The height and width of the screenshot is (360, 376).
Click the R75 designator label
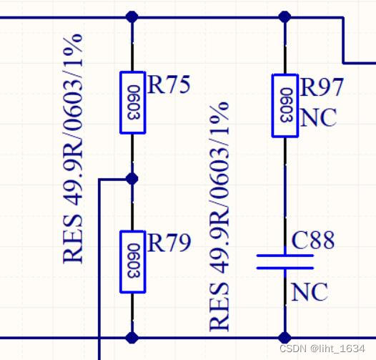169,84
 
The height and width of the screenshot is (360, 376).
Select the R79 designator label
169,243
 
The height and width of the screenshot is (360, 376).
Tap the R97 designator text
322,87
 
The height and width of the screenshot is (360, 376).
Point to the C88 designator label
313,240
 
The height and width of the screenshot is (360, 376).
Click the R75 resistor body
133,102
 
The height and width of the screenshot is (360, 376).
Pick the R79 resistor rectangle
133,261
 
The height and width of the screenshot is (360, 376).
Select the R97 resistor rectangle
285,106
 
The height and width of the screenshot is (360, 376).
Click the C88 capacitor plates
285,262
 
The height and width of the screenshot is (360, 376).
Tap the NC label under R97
318,117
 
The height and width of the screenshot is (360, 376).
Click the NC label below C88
310,292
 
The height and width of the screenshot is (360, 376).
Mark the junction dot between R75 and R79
132,179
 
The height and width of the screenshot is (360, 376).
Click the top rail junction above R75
132,17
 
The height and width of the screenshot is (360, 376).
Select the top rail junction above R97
285,17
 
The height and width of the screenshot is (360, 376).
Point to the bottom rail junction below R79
132,337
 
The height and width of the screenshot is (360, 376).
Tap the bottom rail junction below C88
285,337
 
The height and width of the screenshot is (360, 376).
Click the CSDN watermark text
322,349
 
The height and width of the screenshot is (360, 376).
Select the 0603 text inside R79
134,261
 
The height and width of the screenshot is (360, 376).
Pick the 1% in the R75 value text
74,50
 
